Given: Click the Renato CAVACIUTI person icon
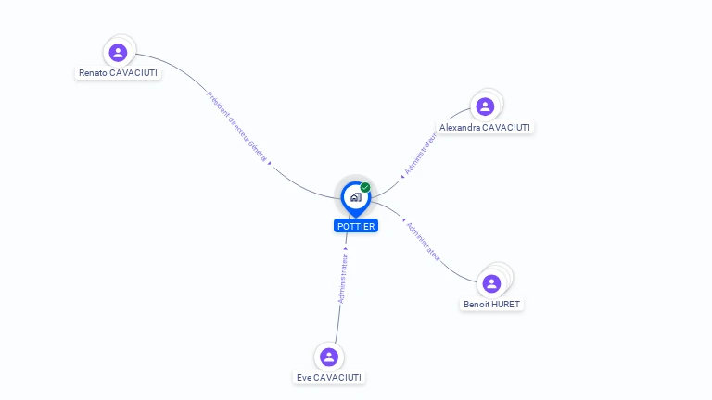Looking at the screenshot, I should click(x=118, y=53).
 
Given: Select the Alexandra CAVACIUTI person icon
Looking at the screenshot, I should click(x=485, y=106).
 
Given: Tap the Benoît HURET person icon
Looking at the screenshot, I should click(x=492, y=282).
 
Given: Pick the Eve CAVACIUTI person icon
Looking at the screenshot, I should click(x=329, y=356).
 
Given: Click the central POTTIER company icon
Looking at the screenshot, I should click(x=355, y=196).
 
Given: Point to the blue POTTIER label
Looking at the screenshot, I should click(x=356, y=226).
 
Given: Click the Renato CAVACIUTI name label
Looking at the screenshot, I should click(x=118, y=72).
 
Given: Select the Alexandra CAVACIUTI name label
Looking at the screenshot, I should click(x=485, y=127).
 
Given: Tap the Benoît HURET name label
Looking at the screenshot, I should click(x=492, y=304).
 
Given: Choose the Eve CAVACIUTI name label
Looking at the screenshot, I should click(x=329, y=377).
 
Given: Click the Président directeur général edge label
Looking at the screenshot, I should click(x=236, y=127).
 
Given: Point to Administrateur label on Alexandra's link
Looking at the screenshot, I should click(x=419, y=153).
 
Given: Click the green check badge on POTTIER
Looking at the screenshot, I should click(x=365, y=187).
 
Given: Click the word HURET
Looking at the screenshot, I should click(x=505, y=304).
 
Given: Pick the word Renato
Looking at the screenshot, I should click(x=93, y=72).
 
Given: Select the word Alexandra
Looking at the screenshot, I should click(x=460, y=127).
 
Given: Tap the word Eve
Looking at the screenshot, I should click(x=304, y=377).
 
